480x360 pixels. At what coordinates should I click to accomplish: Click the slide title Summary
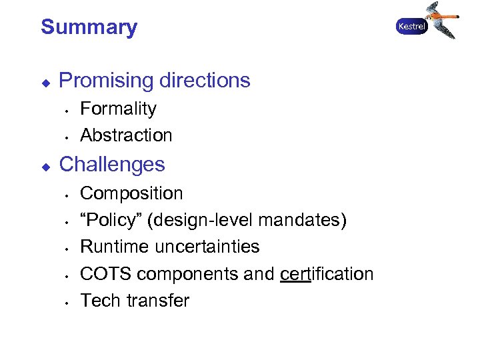point(89,27)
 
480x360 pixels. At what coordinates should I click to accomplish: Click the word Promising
point(105,81)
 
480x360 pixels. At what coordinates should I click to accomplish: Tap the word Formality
point(118,109)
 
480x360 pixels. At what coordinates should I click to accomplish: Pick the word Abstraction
point(126,135)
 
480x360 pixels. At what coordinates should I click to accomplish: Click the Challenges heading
point(112,164)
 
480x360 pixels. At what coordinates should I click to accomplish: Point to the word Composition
point(131,194)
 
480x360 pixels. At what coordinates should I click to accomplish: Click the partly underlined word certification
point(327,274)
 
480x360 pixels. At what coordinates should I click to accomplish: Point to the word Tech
point(100,301)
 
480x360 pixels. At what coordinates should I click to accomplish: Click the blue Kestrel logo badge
point(411,27)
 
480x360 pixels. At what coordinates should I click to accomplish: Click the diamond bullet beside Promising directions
point(45,81)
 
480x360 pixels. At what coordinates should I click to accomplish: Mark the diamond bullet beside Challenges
point(45,165)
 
